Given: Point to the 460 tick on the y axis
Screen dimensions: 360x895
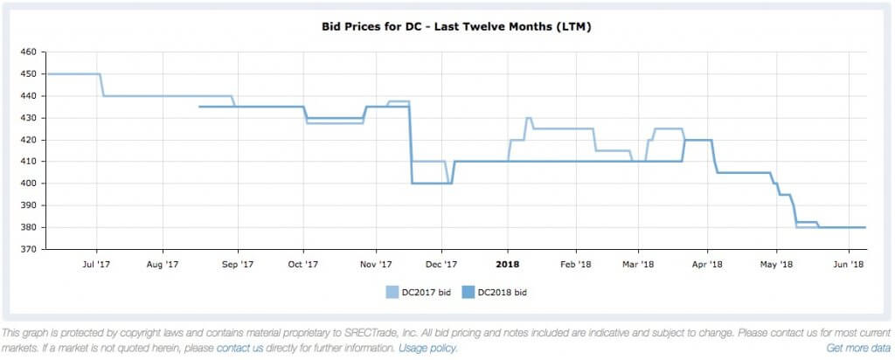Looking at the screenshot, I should [x=27, y=52].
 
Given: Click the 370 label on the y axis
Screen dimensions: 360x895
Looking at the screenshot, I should [x=27, y=249].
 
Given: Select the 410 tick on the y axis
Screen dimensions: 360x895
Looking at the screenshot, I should [x=27, y=162].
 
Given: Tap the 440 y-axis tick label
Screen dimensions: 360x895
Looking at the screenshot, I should [x=27, y=96].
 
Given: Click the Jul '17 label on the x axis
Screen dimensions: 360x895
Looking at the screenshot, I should [x=96, y=263].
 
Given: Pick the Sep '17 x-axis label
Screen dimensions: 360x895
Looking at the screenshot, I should [x=237, y=263].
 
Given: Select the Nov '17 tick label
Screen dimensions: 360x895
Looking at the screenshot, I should [x=376, y=263].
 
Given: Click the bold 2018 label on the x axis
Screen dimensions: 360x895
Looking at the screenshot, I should [x=508, y=263].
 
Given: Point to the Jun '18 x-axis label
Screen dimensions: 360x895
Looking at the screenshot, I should [x=849, y=263].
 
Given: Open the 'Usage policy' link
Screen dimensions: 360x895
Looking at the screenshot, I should [x=428, y=348].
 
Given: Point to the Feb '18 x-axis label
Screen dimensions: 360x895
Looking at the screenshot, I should [x=575, y=263].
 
